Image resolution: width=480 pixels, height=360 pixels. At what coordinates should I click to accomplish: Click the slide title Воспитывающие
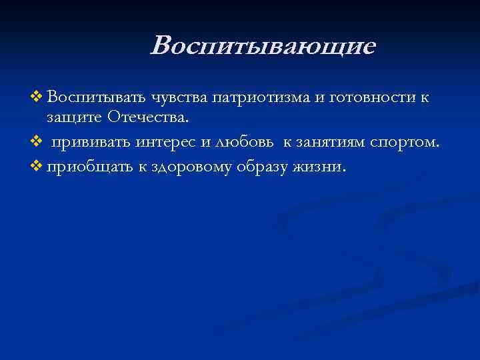pos(263,46)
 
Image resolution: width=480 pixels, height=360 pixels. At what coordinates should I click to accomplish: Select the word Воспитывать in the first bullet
pos(96,98)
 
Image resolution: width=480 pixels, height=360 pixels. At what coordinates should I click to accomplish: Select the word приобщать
pos(90,167)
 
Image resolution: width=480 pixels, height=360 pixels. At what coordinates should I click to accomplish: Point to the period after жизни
pos(344,171)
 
